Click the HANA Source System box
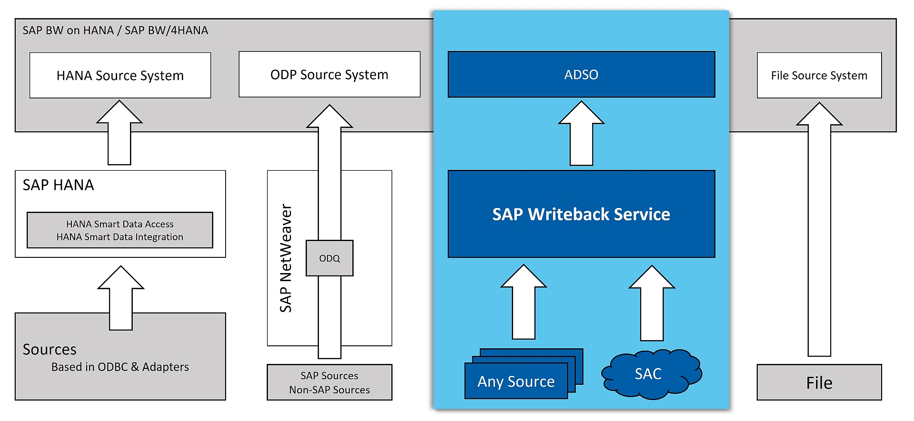(x=120, y=75)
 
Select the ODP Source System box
(x=329, y=74)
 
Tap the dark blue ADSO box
(x=581, y=74)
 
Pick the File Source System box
(x=819, y=75)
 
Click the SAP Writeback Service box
(x=581, y=214)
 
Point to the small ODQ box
(x=329, y=258)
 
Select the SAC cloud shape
(x=650, y=374)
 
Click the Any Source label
(x=516, y=382)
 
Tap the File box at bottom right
(x=819, y=382)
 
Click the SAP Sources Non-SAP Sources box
(x=329, y=382)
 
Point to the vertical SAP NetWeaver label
(x=286, y=258)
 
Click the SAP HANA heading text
(x=58, y=185)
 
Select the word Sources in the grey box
(x=50, y=350)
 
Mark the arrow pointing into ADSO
(x=581, y=136)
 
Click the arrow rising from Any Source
(x=524, y=304)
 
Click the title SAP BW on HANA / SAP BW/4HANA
(x=115, y=30)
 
